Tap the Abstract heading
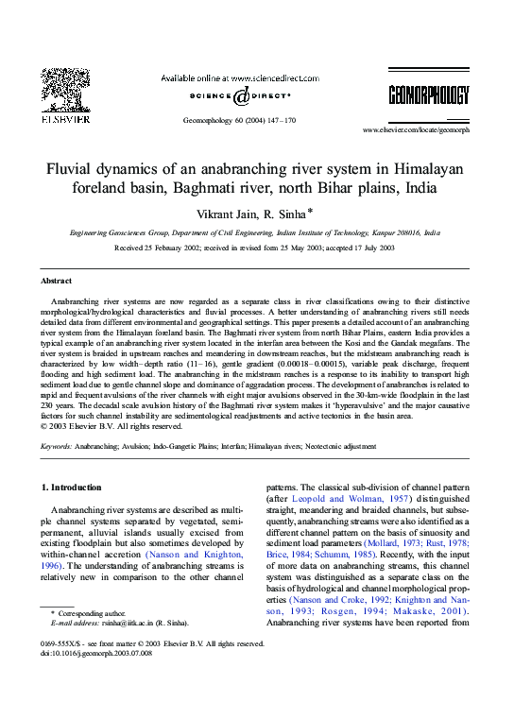(56, 281)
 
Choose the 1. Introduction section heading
(72, 488)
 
